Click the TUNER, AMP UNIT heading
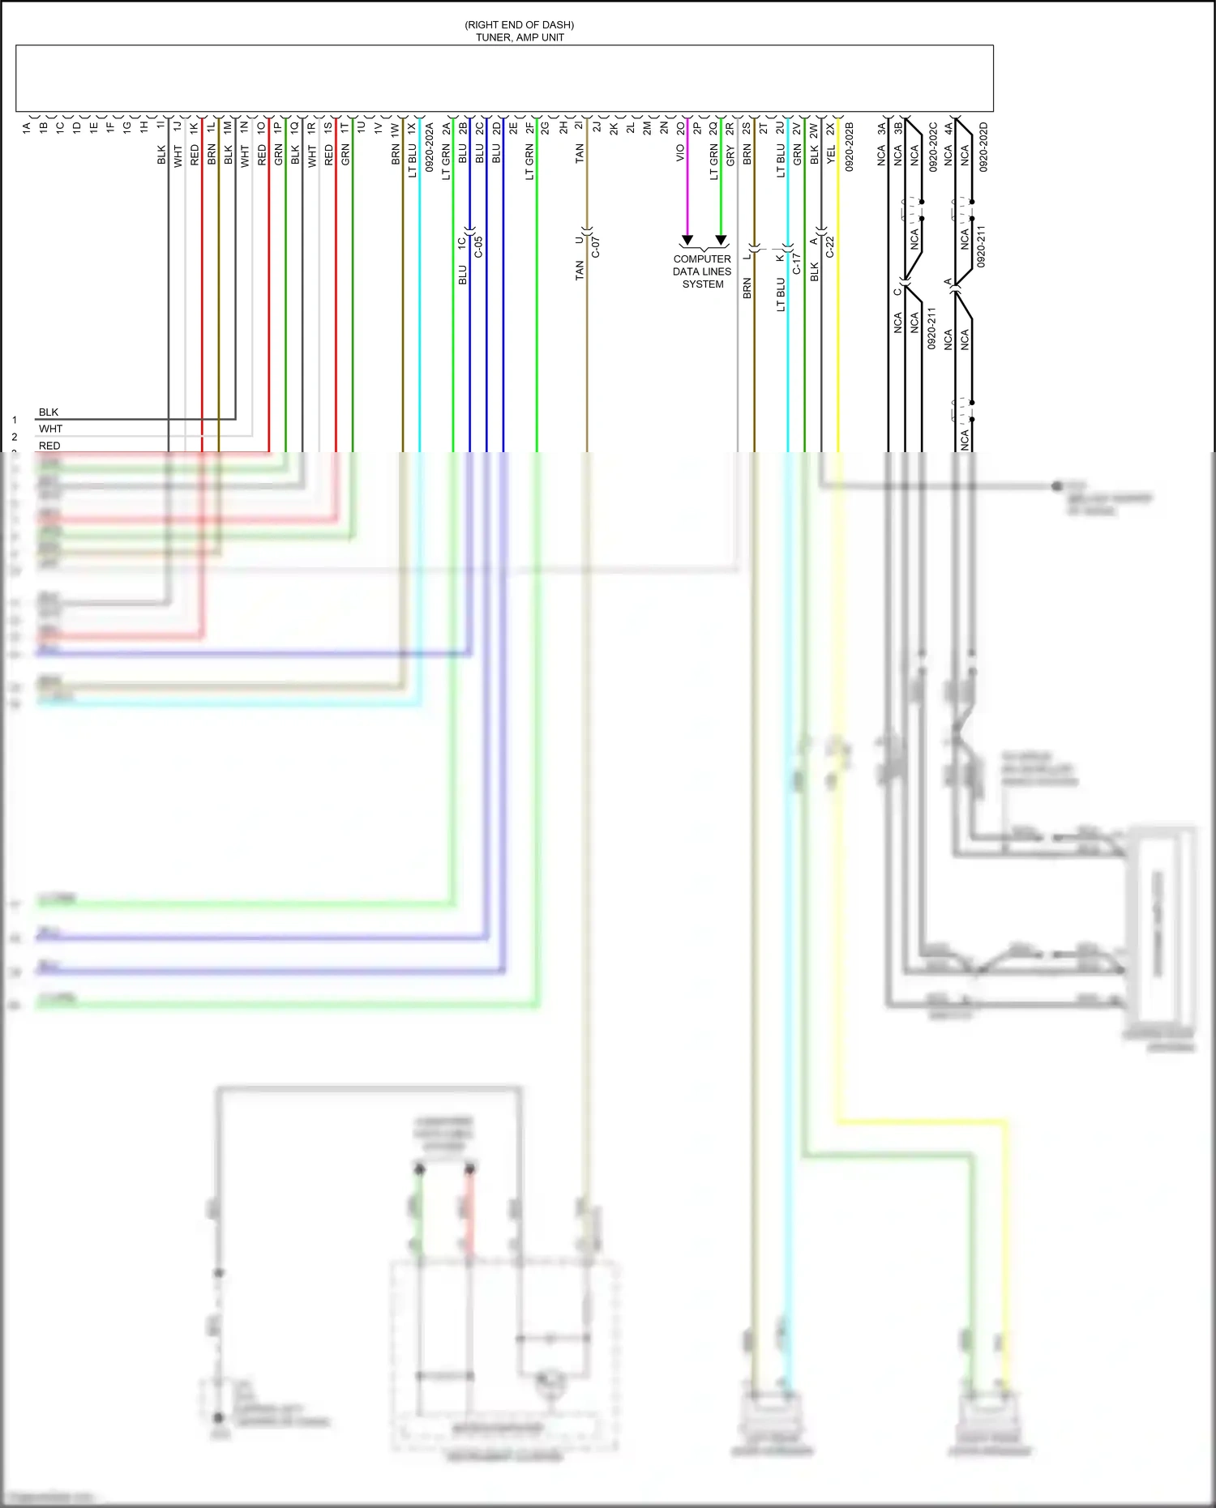coord(520,37)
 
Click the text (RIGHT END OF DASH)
coord(520,25)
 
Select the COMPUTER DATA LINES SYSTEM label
coord(702,271)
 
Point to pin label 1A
coord(27,128)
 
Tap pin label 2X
coord(831,128)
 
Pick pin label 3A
coord(882,128)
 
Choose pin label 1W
coord(396,128)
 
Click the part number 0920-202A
coord(430,147)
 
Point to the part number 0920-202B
coord(850,147)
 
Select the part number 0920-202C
coord(933,147)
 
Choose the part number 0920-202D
coord(983,147)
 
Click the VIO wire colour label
coord(681,153)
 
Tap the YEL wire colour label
coord(831,155)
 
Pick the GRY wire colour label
coord(730,156)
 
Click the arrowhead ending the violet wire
coord(687,240)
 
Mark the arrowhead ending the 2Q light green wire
coord(721,240)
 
